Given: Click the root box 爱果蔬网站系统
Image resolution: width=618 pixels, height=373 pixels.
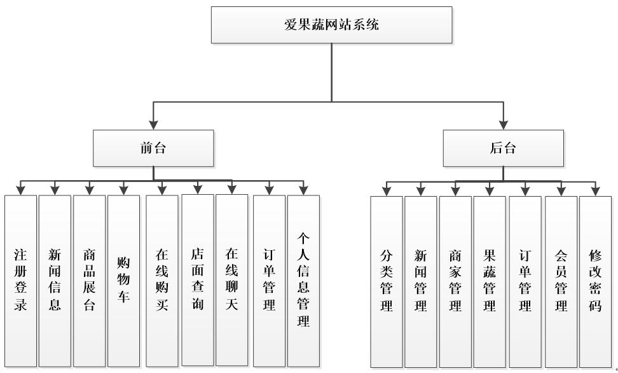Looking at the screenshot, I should tap(331, 25).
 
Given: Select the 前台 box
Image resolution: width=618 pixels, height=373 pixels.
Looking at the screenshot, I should tap(153, 148).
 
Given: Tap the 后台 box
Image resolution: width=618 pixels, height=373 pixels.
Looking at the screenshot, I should tap(503, 148).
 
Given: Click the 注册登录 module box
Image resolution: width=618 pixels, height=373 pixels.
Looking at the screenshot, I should tap(20, 280).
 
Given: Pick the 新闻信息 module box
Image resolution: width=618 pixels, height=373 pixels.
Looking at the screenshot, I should tap(55, 280).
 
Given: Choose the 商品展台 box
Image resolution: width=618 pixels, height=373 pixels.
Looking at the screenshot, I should tap(89, 280).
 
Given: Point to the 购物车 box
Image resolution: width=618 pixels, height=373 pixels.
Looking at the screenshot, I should tap(123, 280).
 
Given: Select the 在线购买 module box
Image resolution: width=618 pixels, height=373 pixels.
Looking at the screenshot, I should tap(161, 280).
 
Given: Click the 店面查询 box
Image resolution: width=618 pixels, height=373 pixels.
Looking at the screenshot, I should tap(197, 280).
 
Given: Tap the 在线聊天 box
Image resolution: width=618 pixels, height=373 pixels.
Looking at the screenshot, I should tap(231, 280).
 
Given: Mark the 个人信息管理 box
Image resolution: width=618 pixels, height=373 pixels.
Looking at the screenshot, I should tap(303, 280).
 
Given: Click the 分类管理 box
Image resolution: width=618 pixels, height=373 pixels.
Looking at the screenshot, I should tap(387, 281).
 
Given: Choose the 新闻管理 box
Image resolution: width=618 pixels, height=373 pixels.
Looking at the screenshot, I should tap(420, 281).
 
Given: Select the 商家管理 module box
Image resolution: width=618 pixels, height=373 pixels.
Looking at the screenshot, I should tap(455, 281).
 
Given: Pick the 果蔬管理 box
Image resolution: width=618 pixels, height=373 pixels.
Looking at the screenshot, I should tap(490, 281).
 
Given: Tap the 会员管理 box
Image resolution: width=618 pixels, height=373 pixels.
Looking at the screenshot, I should tap(561, 281).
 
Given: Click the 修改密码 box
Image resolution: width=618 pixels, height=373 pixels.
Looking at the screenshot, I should tap(596, 281).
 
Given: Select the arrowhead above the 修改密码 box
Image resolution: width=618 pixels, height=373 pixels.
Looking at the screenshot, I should tap(596, 190).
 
